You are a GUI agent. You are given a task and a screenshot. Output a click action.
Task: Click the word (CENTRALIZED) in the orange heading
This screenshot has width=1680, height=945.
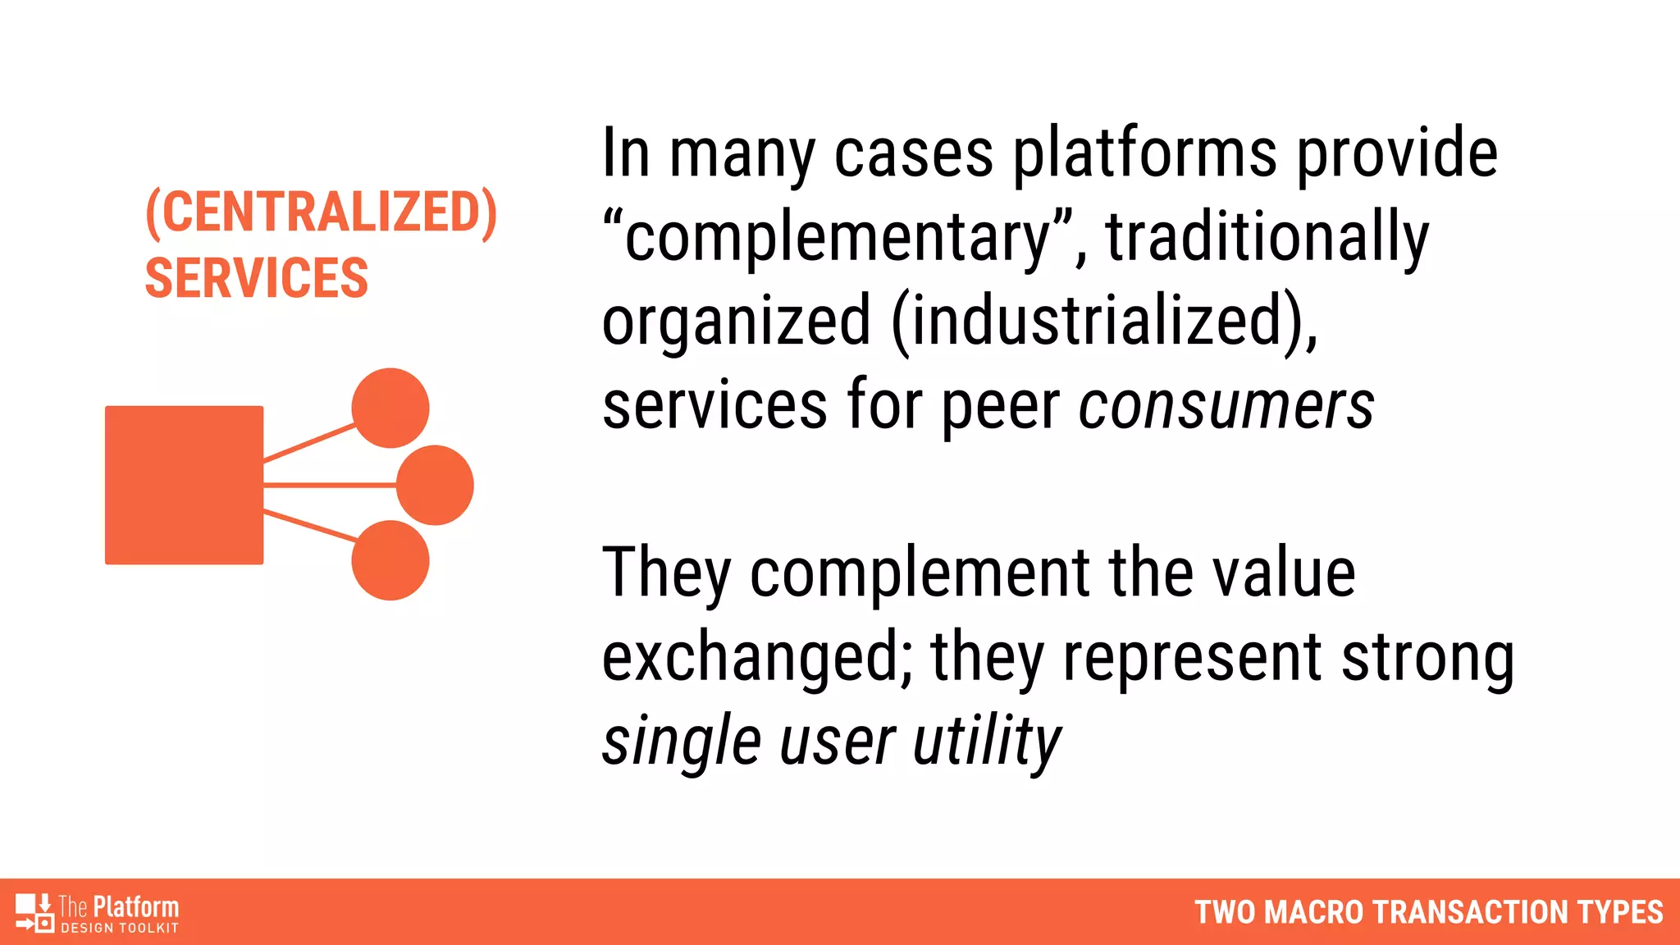click(x=321, y=212)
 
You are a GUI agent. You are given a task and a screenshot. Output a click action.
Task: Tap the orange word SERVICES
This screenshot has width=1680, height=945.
click(x=256, y=278)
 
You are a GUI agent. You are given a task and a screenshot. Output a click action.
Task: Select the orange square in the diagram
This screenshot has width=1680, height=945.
click(x=184, y=485)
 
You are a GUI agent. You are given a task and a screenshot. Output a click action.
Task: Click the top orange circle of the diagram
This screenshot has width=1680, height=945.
click(x=390, y=408)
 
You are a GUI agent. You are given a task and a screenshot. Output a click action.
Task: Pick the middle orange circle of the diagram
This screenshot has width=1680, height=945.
click(x=435, y=485)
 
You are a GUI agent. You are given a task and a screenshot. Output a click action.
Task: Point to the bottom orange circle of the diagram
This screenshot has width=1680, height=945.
click(x=390, y=560)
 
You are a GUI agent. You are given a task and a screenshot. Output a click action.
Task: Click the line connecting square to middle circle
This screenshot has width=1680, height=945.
click(x=328, y=486)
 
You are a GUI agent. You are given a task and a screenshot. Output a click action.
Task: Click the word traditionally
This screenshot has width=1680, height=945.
click(x=1267, y=238)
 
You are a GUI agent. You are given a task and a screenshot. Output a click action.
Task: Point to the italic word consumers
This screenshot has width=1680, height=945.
click(x=1226, y=406)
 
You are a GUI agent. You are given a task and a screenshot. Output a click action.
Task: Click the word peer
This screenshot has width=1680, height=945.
click(x=1000, y=408)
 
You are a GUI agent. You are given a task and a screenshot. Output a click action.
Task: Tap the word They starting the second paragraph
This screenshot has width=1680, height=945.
click(x=666, y=573)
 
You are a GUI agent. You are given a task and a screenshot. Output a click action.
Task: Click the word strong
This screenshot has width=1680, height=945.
click(x=1427, y=659)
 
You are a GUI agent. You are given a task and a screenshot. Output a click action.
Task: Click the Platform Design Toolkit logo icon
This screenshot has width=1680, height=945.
click(x=34, y=913)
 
